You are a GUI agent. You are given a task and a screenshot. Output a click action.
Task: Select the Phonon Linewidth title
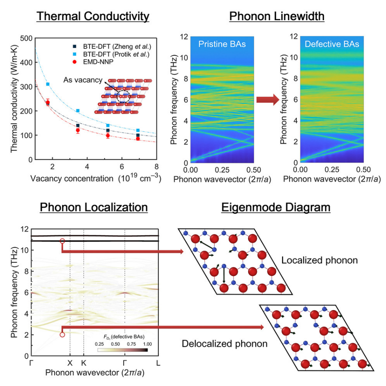(277, 16)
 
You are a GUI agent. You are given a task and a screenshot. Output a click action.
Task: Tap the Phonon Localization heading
(94, 207)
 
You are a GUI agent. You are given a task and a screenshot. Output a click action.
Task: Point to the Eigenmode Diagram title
(276, 207)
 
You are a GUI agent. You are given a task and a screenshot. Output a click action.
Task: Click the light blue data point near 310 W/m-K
(48, 84)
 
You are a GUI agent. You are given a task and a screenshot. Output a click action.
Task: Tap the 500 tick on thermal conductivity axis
(27, 38)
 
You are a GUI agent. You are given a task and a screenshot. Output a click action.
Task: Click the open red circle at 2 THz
(62, 335)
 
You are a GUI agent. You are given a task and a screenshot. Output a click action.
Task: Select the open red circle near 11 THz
(62, 241)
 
